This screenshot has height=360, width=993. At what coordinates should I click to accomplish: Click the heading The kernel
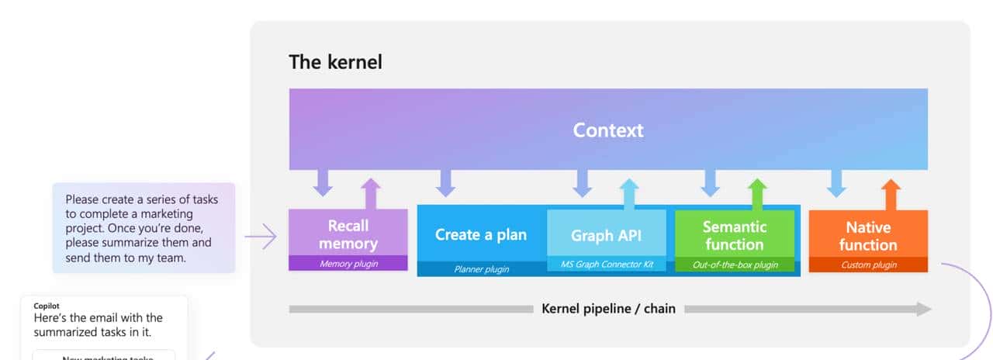tap(335, 62)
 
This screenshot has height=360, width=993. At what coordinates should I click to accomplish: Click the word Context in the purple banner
tap(608, 130)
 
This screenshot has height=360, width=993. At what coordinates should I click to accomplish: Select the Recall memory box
tap(348, 234)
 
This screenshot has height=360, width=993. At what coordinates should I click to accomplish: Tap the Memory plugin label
tap(348, 264)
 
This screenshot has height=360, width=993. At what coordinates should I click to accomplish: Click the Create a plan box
tap(481, 234)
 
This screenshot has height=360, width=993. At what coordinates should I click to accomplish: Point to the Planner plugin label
tap(481, 268)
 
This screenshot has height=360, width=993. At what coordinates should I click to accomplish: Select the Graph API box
tap(607, 235)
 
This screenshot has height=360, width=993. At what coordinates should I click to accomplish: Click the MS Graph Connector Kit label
tap(607, 265)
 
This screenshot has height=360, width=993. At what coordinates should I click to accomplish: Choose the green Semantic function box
tap(735, 235)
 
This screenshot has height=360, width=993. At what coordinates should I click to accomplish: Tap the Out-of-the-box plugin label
tap(735, 265)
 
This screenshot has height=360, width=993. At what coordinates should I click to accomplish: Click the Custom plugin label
tap(868, 265)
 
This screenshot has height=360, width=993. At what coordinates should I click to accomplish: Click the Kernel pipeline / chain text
tap(608, 309)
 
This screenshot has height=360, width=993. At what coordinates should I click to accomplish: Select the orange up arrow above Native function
tap(891, 194)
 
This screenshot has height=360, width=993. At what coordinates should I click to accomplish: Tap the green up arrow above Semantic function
tap(758, 194)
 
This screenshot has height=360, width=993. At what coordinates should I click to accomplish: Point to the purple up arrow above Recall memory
tap(371, 194)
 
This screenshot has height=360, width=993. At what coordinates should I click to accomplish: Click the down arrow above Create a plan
tap(445, 184)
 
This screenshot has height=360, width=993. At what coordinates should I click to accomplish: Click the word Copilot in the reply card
tap(47, 306)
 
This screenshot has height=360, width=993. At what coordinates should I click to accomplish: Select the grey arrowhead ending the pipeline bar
tap(923, 309)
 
